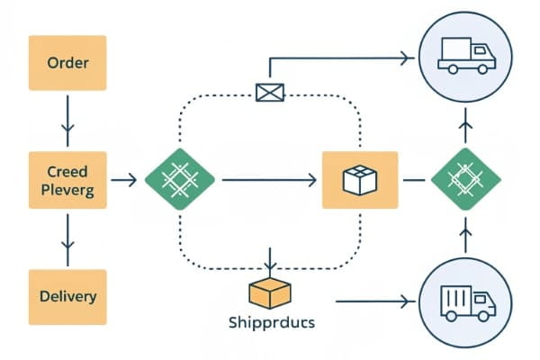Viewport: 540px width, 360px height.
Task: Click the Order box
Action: pos(67,63)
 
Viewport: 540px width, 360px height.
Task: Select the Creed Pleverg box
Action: pos(67,181)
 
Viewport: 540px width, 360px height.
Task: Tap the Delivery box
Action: pos(67,296)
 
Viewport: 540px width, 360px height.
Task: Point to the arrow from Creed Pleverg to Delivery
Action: pos(67,239)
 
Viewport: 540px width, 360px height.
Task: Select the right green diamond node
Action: pos(465,181)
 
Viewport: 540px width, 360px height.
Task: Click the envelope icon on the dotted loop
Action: pos(269,92)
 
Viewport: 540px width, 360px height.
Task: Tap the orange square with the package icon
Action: pos(359,181)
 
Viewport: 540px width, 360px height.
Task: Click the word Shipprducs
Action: pos(271,321)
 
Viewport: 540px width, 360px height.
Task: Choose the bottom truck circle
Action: pos(465,303)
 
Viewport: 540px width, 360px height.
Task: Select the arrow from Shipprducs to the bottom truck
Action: pos(373,303)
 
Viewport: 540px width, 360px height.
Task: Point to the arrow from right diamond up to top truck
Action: pos(465,127)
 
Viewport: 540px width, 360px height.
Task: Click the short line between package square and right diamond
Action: pos(413,181)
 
